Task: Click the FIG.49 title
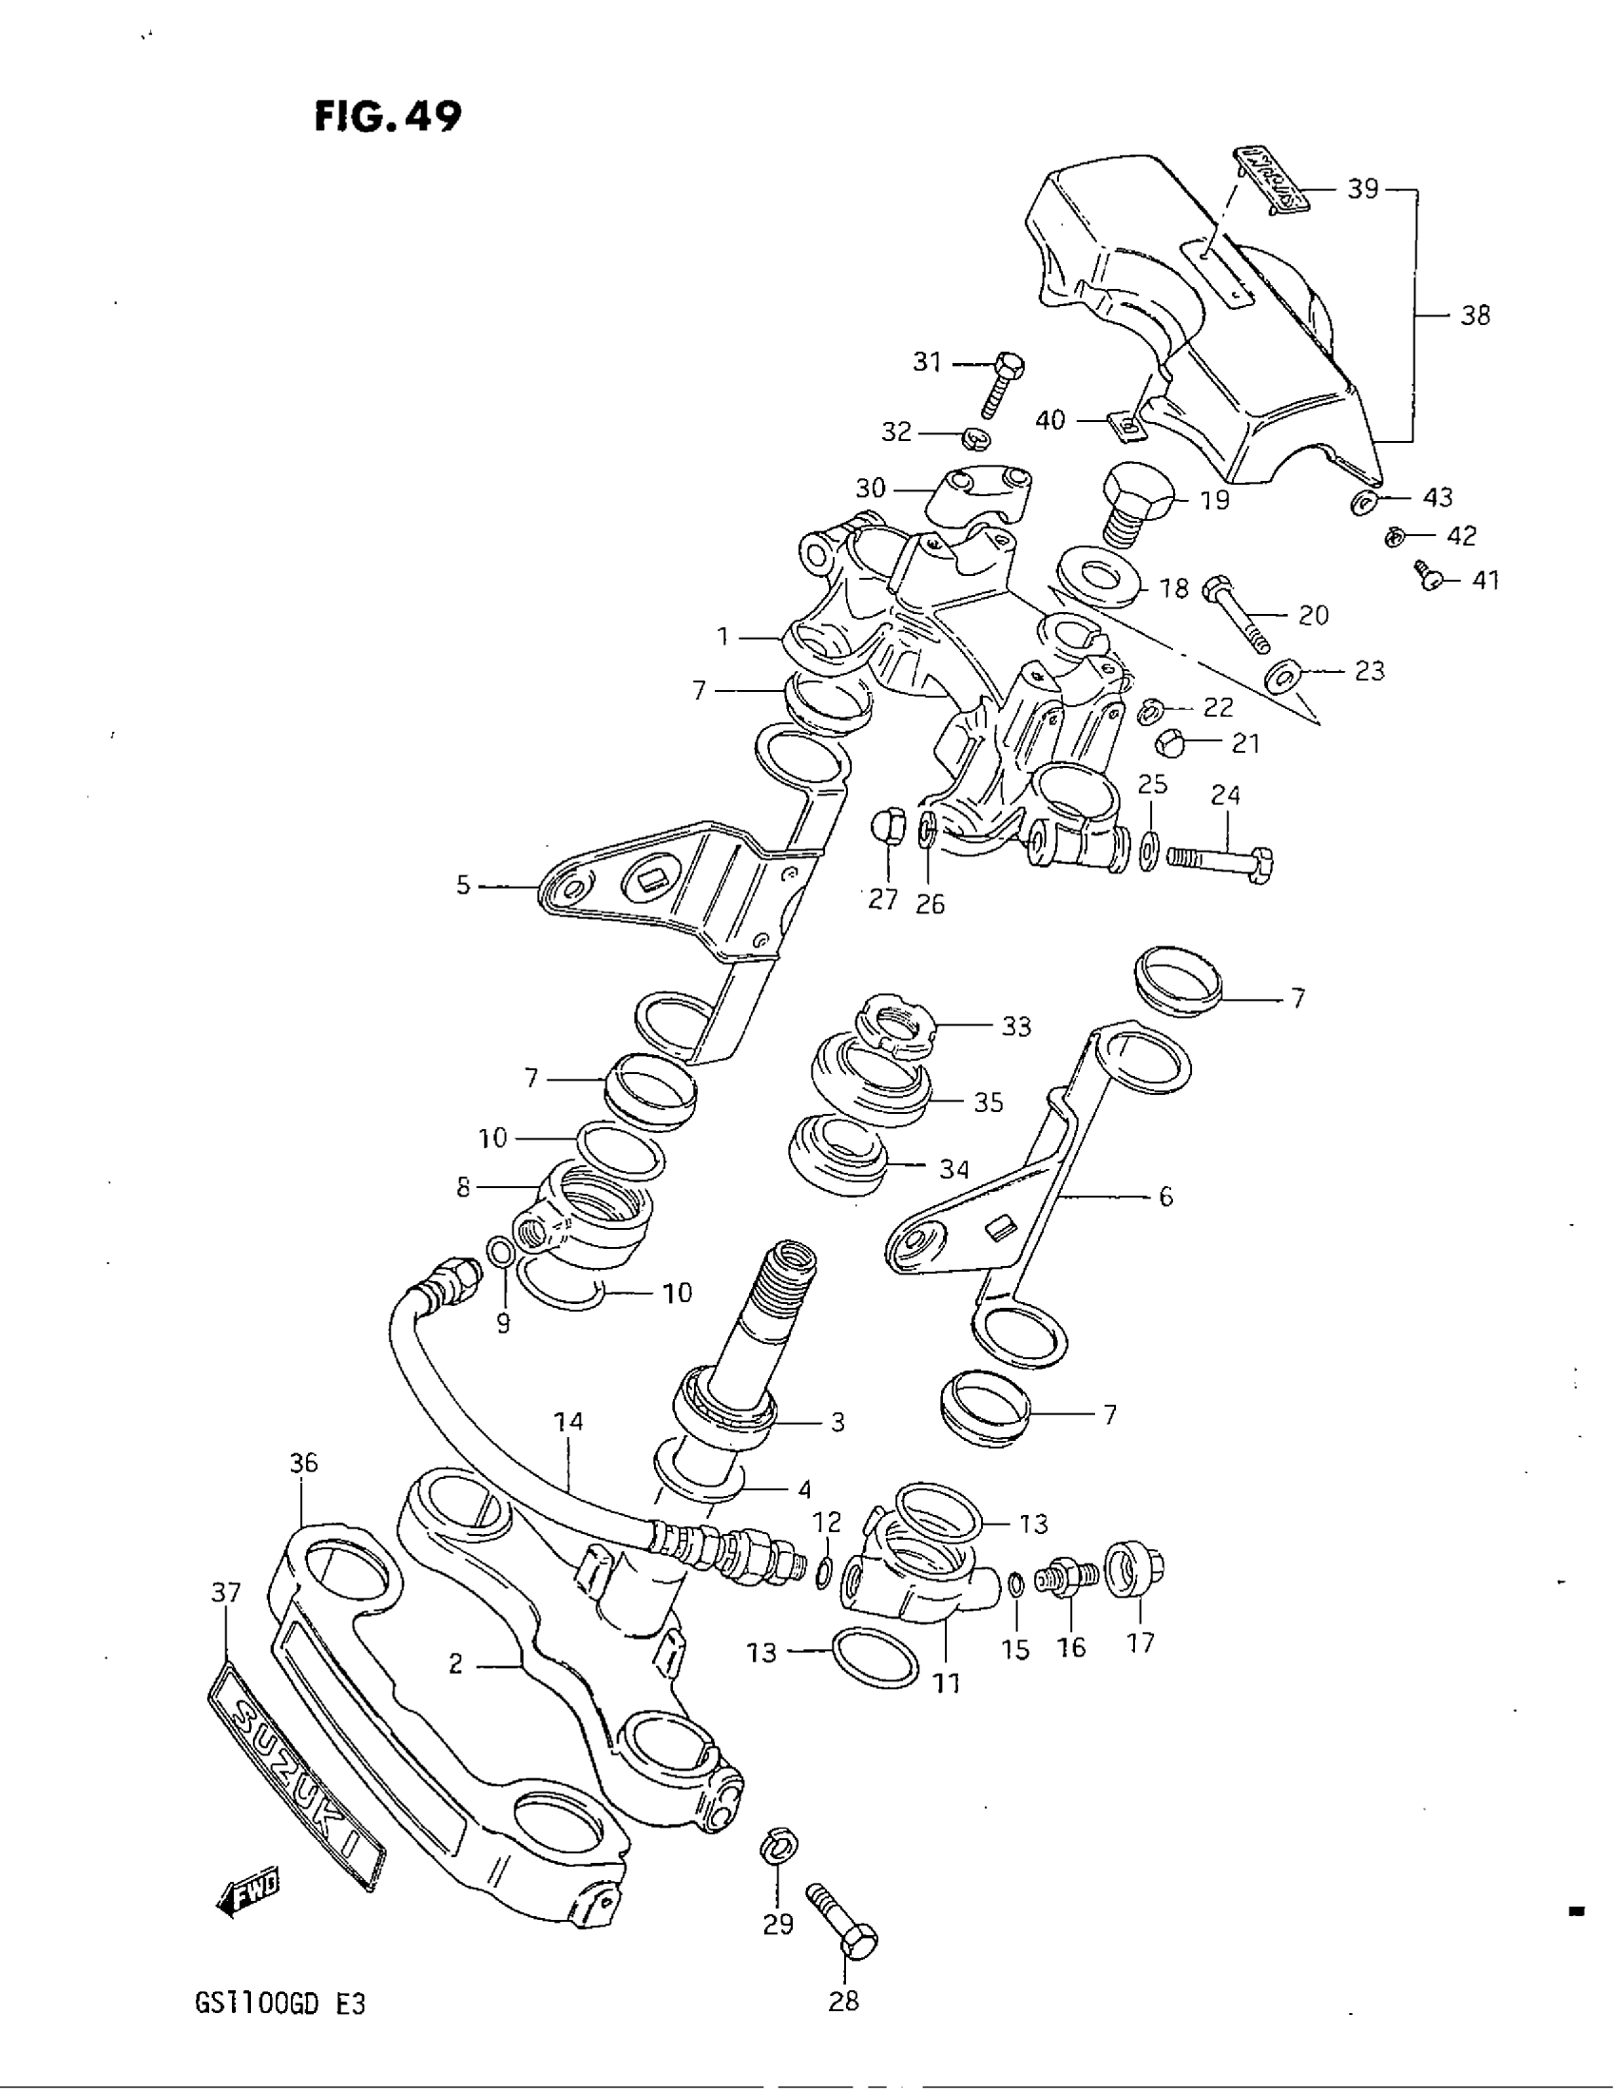pos(388,116)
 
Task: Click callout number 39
pos(1362,189)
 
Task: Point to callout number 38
pos(1475,315)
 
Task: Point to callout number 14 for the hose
pos(568,1422)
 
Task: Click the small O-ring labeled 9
pos(500,1252)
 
